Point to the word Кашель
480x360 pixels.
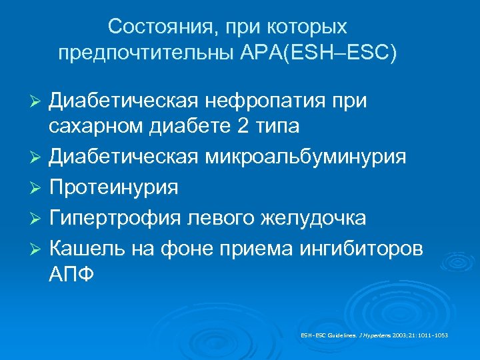86,249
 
